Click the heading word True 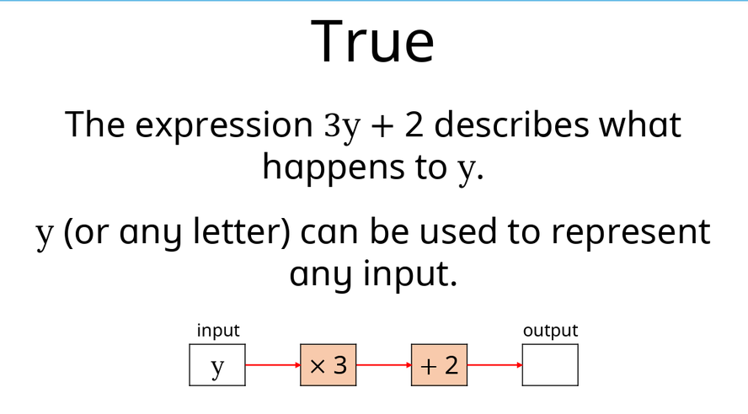372,41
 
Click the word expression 224,125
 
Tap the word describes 511,125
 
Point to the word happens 334,168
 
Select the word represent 631,233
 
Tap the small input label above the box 218,331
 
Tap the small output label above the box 551,331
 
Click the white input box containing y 217,365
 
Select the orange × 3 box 329,365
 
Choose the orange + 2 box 440,365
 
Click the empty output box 551,365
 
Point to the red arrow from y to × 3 273,365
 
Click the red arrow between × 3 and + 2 384,365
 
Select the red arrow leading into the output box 495,365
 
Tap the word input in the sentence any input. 410,274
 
